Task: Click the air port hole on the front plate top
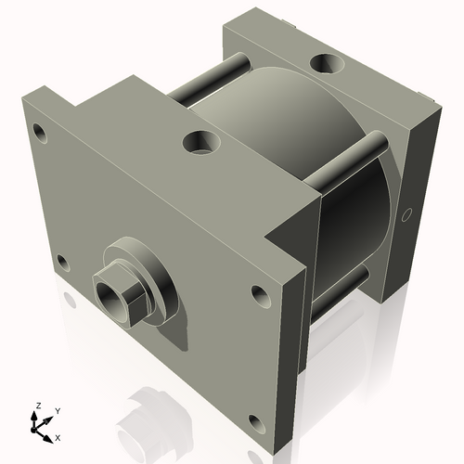click(x=201, y=143)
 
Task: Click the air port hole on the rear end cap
click(x=328, y=64)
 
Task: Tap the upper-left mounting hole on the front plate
click(x=38, y=128)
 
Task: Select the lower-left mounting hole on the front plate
click(x=61, y=261)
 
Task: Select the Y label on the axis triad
click(x=57, y=410)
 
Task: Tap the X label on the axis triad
click(x=58, y=436)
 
